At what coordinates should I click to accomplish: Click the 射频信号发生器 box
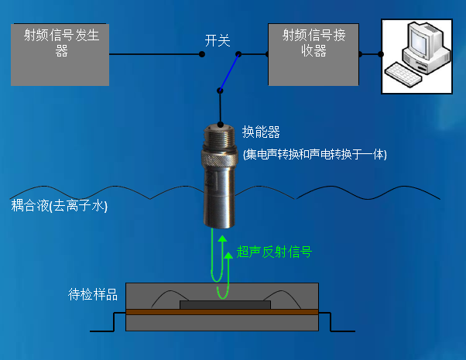60,54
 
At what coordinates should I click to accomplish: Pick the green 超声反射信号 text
274,252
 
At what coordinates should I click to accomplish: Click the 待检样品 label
93,294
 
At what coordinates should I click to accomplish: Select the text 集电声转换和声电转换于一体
314,154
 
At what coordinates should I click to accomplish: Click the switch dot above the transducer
221,91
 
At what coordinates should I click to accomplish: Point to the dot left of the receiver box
267,54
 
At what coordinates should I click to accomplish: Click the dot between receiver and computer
381,54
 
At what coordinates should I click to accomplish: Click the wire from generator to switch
155,54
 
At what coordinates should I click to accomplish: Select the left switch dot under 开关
204,54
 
